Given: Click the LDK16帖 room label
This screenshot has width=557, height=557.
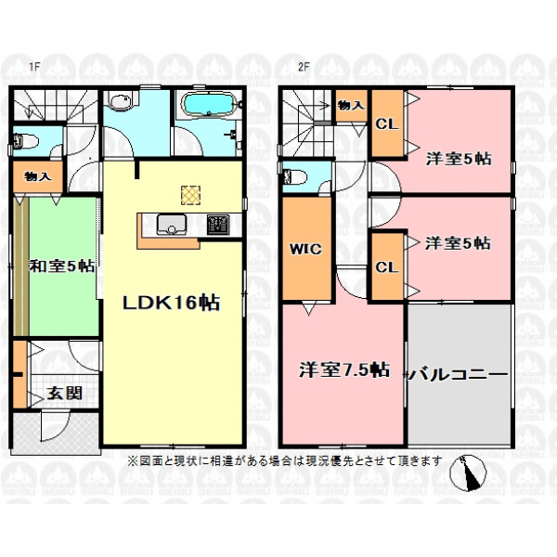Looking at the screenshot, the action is (171, 303).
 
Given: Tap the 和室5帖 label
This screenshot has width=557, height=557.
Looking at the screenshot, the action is (62, 266).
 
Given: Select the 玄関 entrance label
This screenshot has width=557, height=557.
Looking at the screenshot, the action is (65, 393).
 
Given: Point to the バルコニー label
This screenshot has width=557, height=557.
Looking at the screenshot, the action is (460, 374).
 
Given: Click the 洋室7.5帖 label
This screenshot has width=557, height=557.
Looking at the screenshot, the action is (343, 370).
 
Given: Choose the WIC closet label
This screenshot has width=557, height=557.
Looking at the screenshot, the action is (305, 249).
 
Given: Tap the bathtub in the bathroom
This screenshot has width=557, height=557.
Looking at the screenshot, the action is (209, 104).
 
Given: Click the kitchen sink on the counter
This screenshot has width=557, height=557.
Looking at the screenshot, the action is (172, 225).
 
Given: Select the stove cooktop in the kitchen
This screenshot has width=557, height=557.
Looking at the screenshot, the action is (218, 225).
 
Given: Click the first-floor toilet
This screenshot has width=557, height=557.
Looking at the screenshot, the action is (25, 142).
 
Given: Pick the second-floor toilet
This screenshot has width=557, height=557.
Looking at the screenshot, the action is (293, 176).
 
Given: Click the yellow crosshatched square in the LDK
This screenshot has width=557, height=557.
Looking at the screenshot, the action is (190, 195).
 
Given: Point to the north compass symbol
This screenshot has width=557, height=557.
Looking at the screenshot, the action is (468, 473).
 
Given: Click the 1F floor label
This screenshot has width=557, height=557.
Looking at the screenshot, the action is (33, 67).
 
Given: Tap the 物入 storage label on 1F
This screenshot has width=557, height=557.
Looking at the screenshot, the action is (38, 176).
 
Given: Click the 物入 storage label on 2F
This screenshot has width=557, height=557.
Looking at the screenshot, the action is (351, 105).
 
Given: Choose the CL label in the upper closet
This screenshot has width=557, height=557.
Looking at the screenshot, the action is (387, 124).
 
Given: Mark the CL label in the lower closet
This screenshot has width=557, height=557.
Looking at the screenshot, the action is (387, 267).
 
